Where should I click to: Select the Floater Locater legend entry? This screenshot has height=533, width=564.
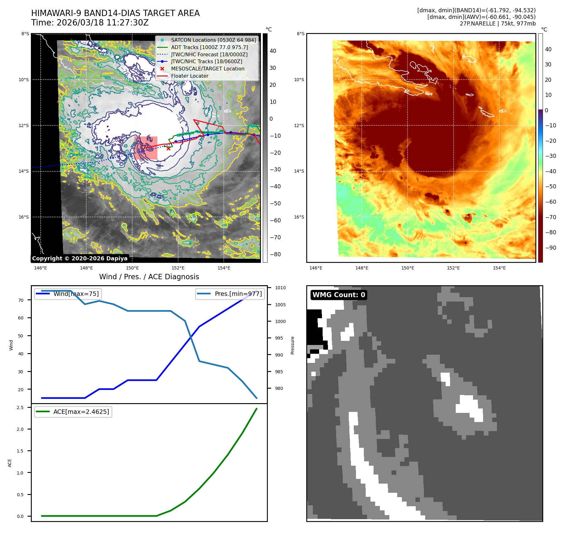(189, 76)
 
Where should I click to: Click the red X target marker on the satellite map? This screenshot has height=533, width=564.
(169, 148)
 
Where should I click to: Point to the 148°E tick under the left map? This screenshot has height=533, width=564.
(86, 268)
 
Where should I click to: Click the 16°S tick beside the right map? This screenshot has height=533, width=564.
(299, 217)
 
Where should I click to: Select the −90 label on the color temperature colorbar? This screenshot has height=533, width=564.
(550, 247)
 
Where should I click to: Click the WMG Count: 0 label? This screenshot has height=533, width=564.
(339, 295)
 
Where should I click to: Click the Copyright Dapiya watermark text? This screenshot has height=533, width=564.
(80, 258)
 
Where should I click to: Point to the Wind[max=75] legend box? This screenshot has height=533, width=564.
(68, 294)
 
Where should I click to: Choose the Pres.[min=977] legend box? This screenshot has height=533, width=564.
(230, 294)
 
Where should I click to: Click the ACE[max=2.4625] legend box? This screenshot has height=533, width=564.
(73, 412)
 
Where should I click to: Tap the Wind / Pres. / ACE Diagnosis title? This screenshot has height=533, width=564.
(149, 277)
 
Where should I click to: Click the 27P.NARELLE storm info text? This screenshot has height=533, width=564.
(497, 24)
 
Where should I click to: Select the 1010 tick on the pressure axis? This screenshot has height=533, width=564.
(280, 288)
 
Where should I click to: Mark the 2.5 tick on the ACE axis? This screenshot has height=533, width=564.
(20, 408)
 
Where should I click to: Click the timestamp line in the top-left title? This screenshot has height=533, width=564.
(90, 23)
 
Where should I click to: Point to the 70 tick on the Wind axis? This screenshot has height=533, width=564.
(21, 300)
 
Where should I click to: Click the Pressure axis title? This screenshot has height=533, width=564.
(292, 345)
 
